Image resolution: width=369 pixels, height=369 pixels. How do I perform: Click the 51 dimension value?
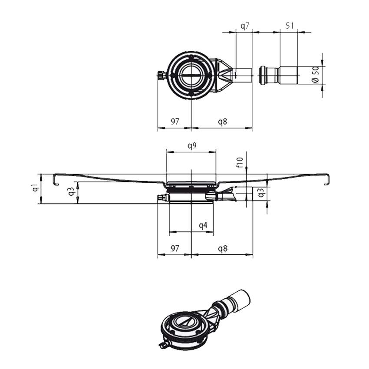click(x=290, y=26)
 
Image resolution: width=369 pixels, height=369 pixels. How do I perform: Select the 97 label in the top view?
click(x=175, y=122)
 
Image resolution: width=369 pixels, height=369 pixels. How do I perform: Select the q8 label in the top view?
click(x=222, y=122)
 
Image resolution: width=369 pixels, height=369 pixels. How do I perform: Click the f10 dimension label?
click(x=240, y=162)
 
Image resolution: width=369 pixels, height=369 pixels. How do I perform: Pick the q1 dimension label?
click(x=34, y=188)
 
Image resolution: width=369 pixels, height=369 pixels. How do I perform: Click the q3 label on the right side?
click(x=260, y=193)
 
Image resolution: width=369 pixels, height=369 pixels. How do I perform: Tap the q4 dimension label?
click(x=203, y=225)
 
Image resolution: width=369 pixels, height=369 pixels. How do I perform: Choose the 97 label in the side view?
click(x=175, y=249)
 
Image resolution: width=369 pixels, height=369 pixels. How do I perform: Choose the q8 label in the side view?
click(x=222, y=249)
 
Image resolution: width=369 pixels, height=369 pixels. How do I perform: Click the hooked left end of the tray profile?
click(x=56, y=179)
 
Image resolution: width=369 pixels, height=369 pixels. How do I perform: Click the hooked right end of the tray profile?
click(x=327, y=179)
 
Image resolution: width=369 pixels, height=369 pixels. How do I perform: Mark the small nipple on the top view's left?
click(x=161, y=76)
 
